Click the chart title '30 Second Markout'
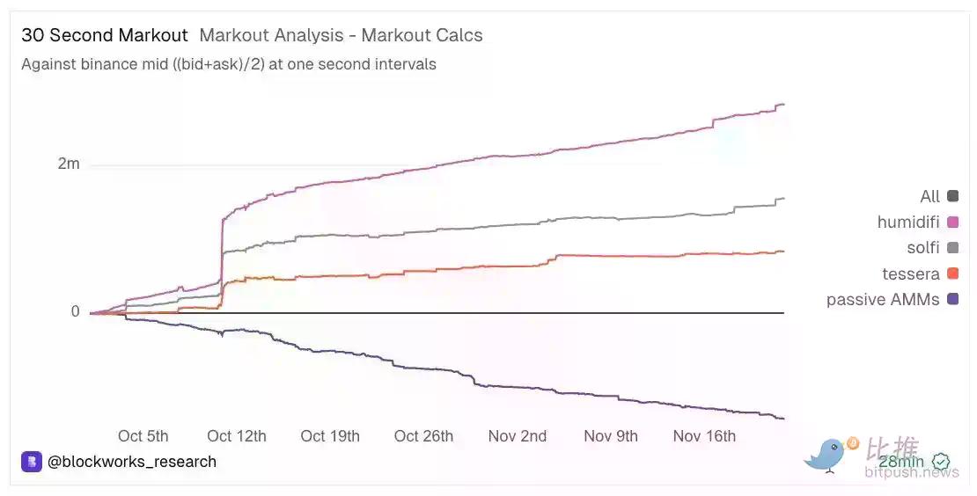[105, 36]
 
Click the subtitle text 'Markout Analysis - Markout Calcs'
[341, 36]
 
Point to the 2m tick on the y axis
[69, 164]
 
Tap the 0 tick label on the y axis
[75, 312]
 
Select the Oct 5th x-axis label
[143, 436]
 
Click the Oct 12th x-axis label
[236, 436]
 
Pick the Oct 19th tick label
[329, 436]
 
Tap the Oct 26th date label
[423, 436]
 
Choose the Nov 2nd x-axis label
[518, 436]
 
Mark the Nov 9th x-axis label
[611, 436]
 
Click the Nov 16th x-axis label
[704, 436]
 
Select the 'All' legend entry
[929, 196]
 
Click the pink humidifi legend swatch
[952, 222]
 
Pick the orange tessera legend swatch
[952, 274]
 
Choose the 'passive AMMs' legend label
[883, 300]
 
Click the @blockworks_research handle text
[132, 462]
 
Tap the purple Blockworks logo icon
[32, 462]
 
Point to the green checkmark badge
[941, 462]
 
